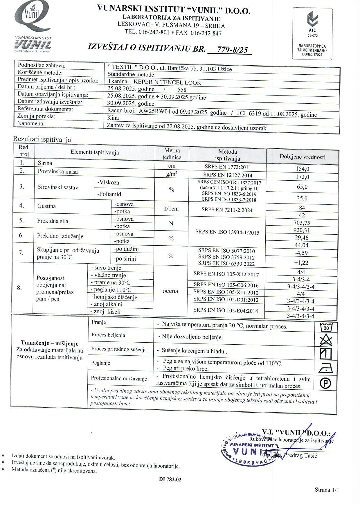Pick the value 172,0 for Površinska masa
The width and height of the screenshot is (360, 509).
pyautogui.click(x=302, y=177)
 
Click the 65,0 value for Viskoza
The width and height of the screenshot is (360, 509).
pyautogui.click(x=302, y=187)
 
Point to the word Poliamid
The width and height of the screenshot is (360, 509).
pyautogui.click(x=109, y=194)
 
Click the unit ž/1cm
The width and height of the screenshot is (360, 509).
pyautogui.click(x=171, y=209)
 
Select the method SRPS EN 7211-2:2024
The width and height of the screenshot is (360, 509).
pyautogui.click(x=227, y=210)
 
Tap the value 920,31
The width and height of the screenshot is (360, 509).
pyautogui.click(x=302, y=230)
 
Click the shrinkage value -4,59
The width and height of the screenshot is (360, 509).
pyautogui.click(x=301, y=253)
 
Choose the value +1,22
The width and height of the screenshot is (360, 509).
pyautogui.click(x=301, y=263)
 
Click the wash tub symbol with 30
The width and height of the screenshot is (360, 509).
pyautogui.click(x=326, y=328)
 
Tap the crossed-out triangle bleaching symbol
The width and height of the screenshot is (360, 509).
pyautogui.click(x=326, y=340)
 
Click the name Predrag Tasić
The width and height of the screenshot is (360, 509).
pyautogui.click(x=300, y=455)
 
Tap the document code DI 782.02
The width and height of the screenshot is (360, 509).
pyautogui.click(x=170, y=479)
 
